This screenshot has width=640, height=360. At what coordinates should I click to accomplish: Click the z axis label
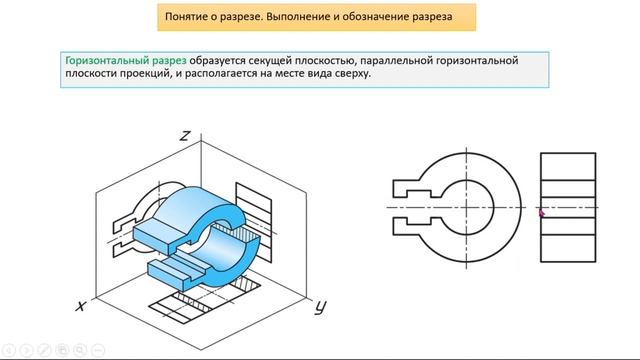[x=185, y=136]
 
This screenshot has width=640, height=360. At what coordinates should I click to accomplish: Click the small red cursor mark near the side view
[x=541, y=211]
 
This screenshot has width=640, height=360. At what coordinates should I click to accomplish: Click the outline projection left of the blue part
[x=135, y=215]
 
